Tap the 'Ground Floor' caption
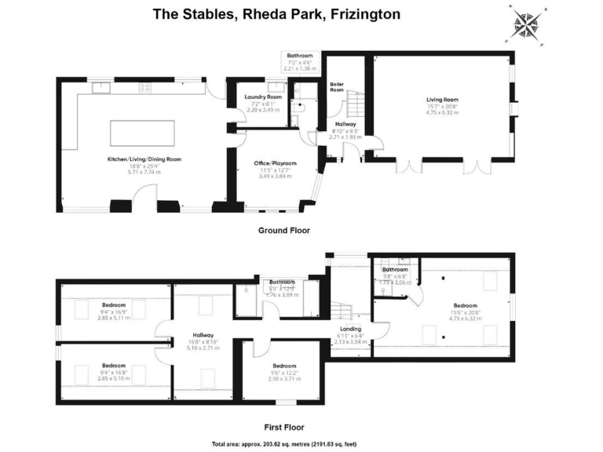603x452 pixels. (x=284, y=231)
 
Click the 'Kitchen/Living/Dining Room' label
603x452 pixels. (x=144, y=159)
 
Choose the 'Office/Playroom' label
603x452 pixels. (x=273, y=162)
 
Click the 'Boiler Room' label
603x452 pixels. (x=338, y=87)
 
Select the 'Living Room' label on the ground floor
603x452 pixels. (x=442, y=100)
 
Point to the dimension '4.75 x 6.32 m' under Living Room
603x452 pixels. (x=442, y=113)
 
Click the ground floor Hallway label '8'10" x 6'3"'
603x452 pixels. (x=345, y=130)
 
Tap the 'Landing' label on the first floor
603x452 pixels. (x=350, y=329)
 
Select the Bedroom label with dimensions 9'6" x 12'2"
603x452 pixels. (x=283, y=366)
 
